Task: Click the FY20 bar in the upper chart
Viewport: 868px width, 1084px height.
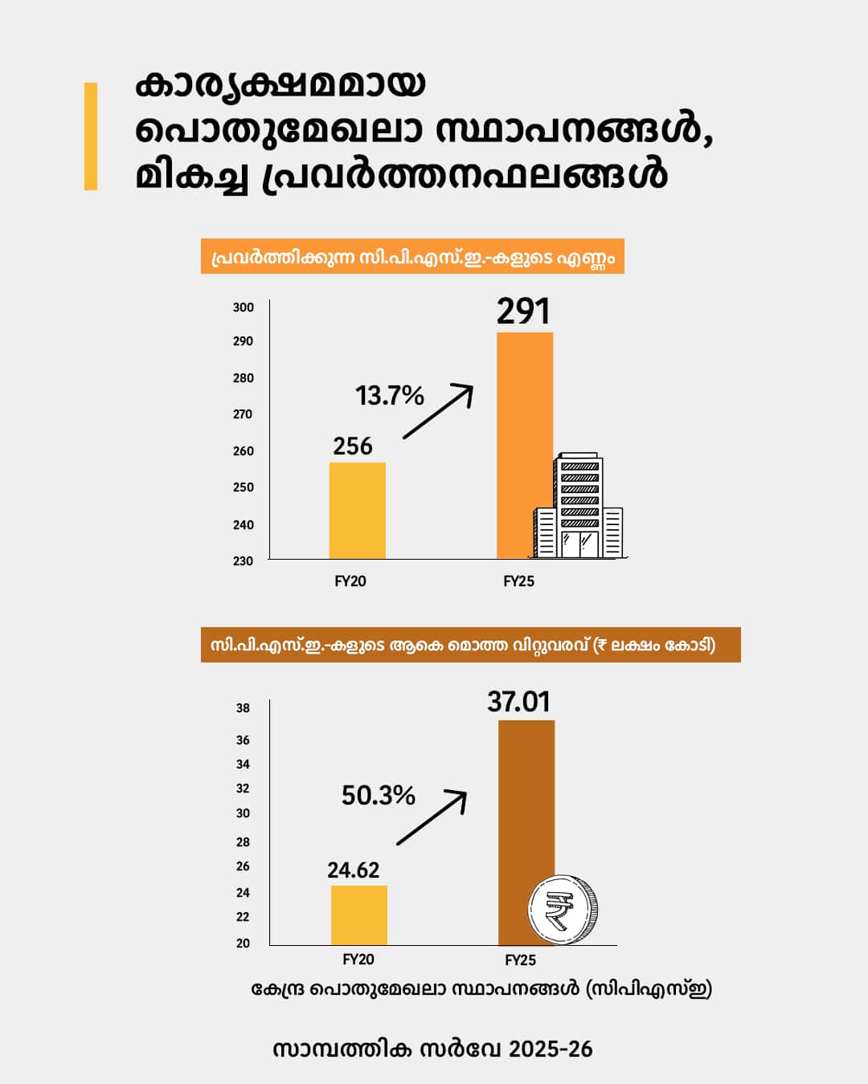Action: pyautogui.click(x=357, y=511)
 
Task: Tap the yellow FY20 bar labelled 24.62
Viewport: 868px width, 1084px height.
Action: pyautogui.click(x=358, y=915)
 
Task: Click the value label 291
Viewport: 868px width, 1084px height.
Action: pyautogui.click(x=523, y=312)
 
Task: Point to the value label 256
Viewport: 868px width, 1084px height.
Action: pyautogui.click(x=353, y=446)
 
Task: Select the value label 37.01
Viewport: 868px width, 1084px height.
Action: pyautogui.click(x=519, y=702)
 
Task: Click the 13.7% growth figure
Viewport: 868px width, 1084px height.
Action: pyautogui.click(x=390, y=395)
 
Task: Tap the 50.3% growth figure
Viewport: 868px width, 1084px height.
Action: pyautogui.click(x=378, y=795)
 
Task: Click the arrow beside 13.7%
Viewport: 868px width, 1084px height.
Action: pyautogui.click(x=438, y=411)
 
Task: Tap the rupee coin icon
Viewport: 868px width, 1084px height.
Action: pyautogui.click(x=563, y=910)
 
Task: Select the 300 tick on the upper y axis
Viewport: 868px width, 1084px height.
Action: pyautogui.click(x=244, y=308)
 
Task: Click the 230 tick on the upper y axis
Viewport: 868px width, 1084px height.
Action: pyautogui.click(x=244, y=561)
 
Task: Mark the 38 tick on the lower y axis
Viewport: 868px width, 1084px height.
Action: pyautogui.click(x=243, y=708)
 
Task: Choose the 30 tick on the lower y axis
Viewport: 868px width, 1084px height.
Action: pyautogui.click(x=243, y=813)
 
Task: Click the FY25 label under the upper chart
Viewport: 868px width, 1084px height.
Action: pyautogui.click(x=518, y=581)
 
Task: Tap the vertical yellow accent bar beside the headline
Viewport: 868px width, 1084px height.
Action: pyautogui.click(x=91, y=137)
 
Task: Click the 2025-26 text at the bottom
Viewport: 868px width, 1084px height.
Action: pyautogui.click(x=551, y=1049)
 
